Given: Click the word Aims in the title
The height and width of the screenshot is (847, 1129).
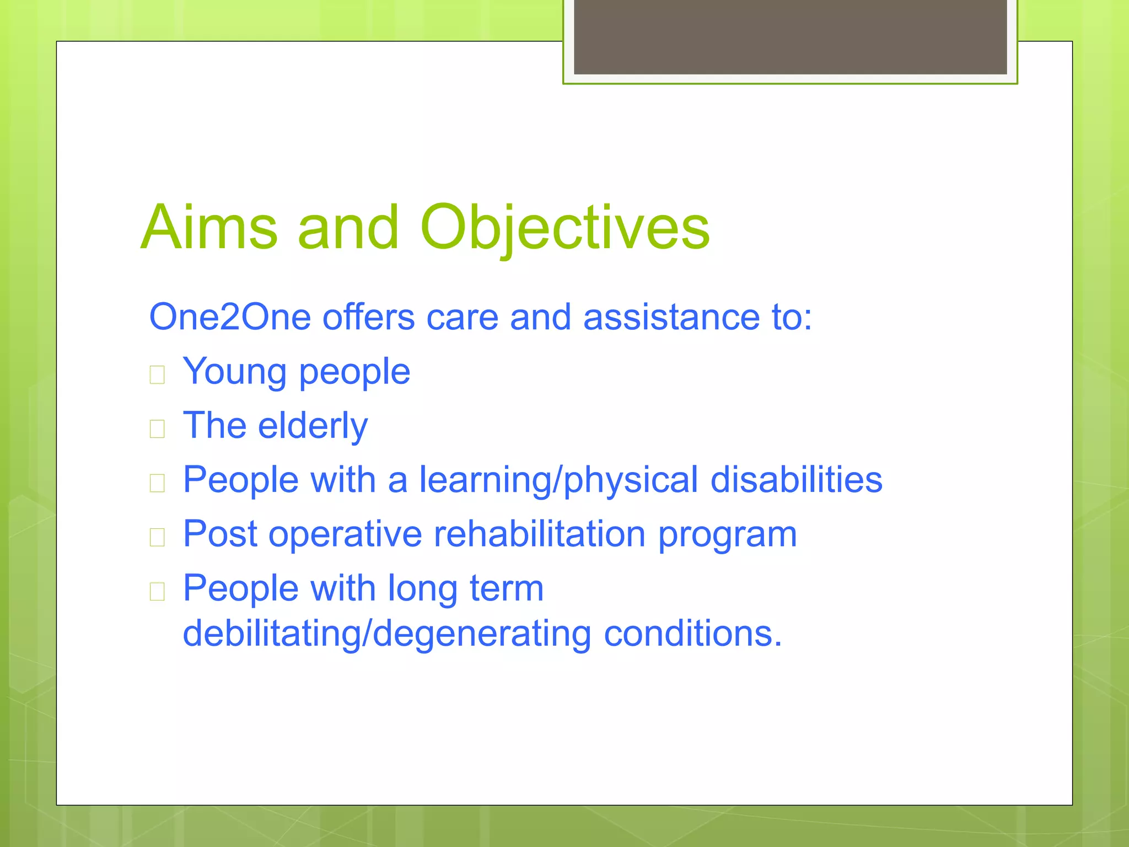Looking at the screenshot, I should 209,227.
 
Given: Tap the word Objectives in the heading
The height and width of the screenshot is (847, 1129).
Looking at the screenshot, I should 564,227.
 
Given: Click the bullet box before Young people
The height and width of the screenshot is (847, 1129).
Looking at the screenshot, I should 157,375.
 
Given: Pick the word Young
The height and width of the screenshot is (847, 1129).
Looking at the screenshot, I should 234,372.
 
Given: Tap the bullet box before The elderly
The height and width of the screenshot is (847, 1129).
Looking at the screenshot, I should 157,428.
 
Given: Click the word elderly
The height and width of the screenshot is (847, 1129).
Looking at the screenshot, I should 313,425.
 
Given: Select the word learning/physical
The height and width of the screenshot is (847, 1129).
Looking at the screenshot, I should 558,480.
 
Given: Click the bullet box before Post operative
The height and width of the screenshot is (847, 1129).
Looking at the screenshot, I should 157,537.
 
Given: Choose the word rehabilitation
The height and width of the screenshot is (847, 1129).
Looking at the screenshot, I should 540,533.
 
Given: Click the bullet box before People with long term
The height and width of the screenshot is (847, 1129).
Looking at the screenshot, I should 157,591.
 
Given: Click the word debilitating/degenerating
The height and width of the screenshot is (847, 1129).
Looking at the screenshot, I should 387,634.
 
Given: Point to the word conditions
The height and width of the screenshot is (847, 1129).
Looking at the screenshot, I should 692,633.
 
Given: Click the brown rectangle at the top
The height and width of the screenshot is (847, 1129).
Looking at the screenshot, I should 790,36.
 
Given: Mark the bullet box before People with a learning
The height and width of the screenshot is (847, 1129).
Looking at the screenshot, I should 157,483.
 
